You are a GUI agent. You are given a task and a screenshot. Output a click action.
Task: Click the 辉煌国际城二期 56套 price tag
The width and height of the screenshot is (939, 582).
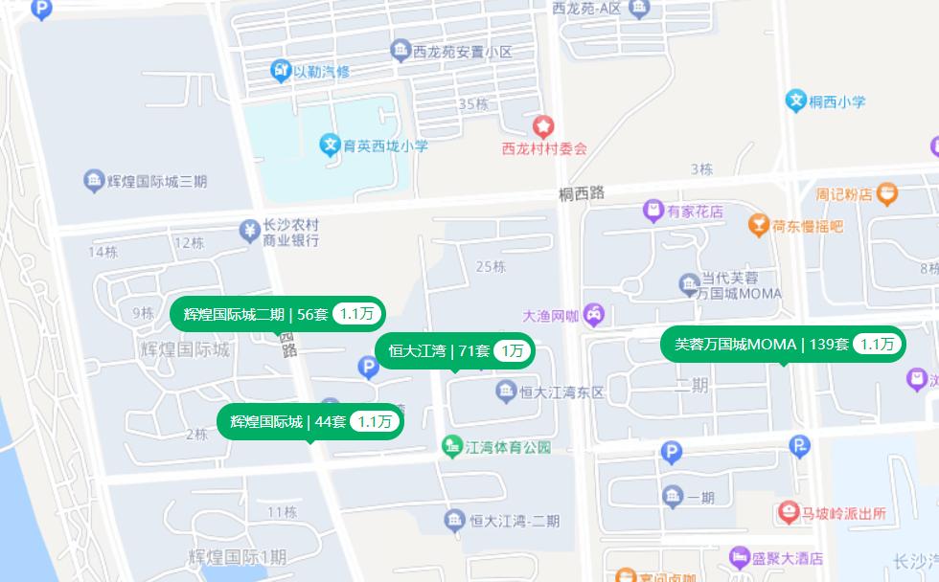pyautogui.click(x=277, y=313)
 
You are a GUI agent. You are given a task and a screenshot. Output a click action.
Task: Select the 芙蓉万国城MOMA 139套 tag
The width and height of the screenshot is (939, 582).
pyautogui.click(x=783, y=345)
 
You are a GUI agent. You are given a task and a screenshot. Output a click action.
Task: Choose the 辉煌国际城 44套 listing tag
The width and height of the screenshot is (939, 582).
pyautogui.click(x=310, y=421)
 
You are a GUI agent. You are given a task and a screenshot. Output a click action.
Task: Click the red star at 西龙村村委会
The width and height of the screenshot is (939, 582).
pyautogui.click(x=543, y=125)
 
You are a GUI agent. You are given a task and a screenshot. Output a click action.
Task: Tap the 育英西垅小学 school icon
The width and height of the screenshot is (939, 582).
pyautogui.click(x=330, y=145)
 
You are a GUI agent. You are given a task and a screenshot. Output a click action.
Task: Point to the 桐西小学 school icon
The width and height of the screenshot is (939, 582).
pyautogui.click(x=795, y=101)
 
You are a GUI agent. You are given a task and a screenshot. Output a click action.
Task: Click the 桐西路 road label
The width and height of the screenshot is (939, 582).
pyautogui.click(x=583, y=193)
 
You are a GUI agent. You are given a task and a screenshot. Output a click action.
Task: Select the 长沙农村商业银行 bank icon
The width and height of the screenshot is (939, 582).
pyautogui.click(x=249, y=231)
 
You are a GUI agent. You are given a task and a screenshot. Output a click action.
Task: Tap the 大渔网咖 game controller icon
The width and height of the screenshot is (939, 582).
pyautogui.click(x=594, y=313)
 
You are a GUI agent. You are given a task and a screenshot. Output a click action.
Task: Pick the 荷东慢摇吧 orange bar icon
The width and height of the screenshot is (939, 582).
pyautogui.click(x=759, y=226)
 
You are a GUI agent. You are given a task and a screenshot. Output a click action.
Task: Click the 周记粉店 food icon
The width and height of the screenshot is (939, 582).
pyautogui.click(x=887, y=194)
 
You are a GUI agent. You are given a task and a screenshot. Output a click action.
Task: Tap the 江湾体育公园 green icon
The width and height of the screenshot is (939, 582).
pyautogui.click(x=451, y=447)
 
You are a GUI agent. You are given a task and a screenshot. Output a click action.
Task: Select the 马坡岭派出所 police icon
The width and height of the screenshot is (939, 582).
pyautogui.click(x=789, y=513)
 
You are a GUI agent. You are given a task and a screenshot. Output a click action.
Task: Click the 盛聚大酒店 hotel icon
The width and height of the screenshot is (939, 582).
pyautogui.click(x=739, y=558)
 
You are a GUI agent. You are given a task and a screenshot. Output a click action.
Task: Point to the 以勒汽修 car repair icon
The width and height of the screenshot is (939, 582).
pyautogui.click(x=281, y=71)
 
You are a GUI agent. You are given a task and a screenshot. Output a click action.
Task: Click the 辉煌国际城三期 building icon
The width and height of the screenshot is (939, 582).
pyautogui.click(x=94, y=181)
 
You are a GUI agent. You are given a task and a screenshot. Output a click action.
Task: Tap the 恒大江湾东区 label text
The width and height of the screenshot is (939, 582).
pyautogui.click(x=562, y=392)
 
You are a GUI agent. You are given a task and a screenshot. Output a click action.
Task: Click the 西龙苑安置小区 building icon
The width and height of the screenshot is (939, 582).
pyautogui.click(x=401, y=51)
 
